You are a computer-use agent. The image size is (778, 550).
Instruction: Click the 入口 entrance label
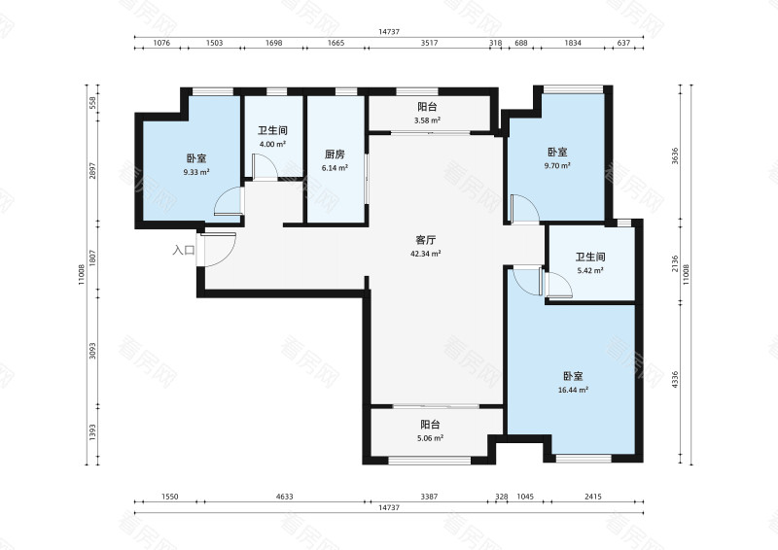tap(184, 250)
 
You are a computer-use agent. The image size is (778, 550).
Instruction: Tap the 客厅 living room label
tap(425, 241)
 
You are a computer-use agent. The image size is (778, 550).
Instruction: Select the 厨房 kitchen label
tap(335, 155)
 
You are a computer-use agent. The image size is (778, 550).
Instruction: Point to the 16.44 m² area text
tap(573, 390)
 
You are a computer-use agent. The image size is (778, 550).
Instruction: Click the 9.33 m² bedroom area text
tap(196, 172)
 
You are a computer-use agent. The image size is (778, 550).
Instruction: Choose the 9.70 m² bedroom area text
tap(557, 165)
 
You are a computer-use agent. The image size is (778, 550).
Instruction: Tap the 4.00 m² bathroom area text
tap(272, 145)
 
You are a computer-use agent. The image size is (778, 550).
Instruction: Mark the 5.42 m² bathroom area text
tap(590, 271)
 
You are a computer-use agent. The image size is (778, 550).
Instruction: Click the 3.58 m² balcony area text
tap(427, 120)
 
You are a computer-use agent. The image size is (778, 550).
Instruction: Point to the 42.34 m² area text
tap(426, 254)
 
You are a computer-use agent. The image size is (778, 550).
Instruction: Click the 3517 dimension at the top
tap(429, 43)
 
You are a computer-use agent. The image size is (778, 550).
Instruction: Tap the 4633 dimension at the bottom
tap(284, 497)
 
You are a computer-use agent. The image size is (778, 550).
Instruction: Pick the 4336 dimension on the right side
tap(674, 379)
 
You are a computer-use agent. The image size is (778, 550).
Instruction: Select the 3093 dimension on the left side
tap(92, 351)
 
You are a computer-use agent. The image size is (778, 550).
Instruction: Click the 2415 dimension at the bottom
tap(593, 497)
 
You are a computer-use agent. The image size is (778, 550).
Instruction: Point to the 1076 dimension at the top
tap(161, 43)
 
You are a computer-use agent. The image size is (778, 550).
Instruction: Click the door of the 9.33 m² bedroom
tap(229, 202)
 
